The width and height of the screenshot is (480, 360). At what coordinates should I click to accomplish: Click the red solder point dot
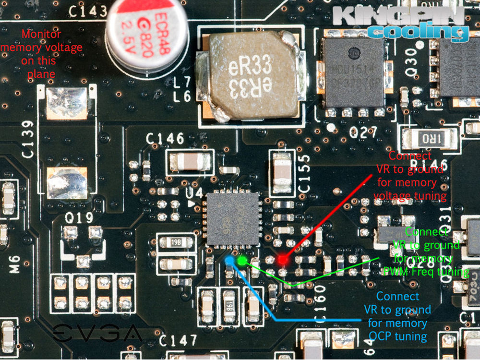coord(283,260)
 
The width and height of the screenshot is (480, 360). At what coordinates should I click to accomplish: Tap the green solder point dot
coord(242,260)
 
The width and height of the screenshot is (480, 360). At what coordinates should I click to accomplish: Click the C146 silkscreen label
coord(165,139)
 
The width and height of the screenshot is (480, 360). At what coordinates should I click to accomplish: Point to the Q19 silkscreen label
coord(80,217)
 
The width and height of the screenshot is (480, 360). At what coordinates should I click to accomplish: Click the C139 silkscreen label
coord(28,139)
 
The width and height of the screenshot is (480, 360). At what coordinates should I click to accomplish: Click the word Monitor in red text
coord(42,34)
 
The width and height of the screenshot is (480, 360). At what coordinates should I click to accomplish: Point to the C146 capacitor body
coord(190,161)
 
